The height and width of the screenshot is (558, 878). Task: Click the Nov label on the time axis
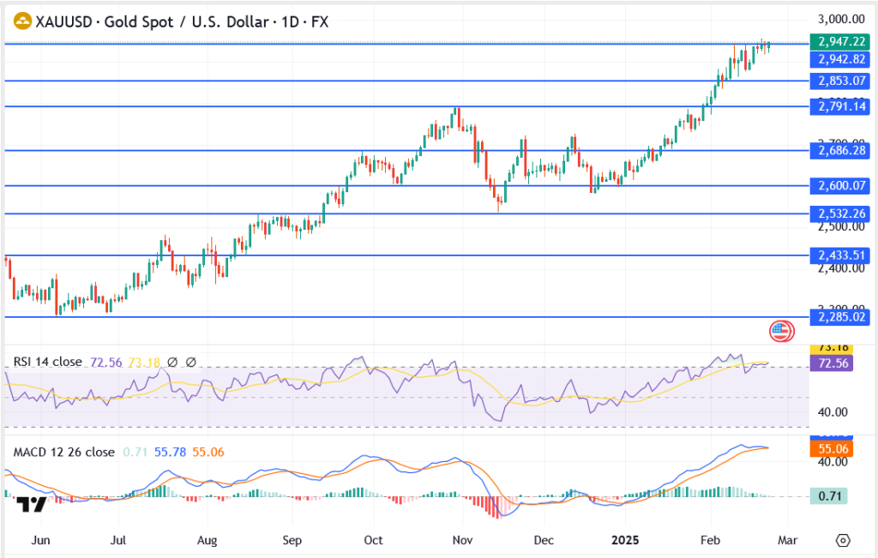coord(463,541)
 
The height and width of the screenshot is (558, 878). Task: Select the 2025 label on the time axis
coord(625,541)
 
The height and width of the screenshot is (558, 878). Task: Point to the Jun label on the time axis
coord(39,541)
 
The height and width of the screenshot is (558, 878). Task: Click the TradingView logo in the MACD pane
coord(33,504)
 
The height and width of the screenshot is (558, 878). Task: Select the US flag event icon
coord(780,330)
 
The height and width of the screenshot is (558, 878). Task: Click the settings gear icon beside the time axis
coord(843,541)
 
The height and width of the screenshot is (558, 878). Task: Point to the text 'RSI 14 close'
coord(48,362)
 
